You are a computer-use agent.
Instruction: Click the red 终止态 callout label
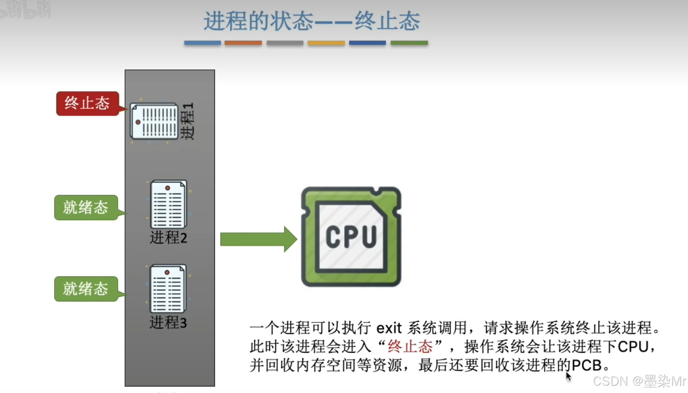(x=87, y=103)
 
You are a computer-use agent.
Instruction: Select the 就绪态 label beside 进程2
(x=86, y=208)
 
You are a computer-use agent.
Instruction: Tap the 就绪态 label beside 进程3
(x=86, y=289)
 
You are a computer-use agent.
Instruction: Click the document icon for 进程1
(x=154, y=121)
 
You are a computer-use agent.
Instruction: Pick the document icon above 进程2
(x=168, y=204)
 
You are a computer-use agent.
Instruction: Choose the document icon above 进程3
(x=168, y=289)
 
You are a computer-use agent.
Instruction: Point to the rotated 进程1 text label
(x=187, y=121)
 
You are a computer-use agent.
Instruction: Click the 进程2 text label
(x=168, y=237)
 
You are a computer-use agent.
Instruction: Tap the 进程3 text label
(x=168, y=322)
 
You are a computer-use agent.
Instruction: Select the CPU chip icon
(x=351, y=237)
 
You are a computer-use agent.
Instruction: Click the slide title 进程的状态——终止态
(x=311, y=21)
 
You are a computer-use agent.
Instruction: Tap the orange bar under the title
(x=243, y=43)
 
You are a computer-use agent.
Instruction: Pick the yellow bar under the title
(x=326, y=43)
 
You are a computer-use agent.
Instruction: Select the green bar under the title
(x=409, y=43)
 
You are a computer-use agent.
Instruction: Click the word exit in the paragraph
(x=389, y=328)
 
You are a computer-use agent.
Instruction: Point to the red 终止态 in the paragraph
(x=410, y=346)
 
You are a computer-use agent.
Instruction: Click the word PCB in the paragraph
(x=587, y=365)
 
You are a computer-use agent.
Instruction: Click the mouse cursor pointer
(x=568, y=376)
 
